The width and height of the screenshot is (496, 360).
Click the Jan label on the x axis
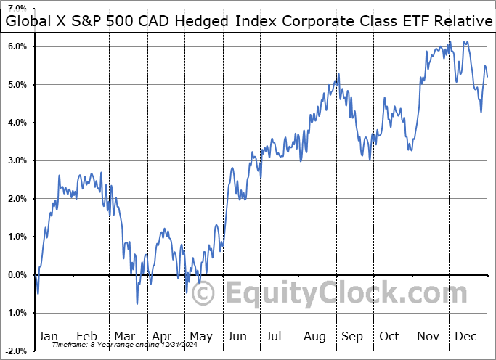point(48,336)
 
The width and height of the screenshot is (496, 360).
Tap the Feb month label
point(86,336)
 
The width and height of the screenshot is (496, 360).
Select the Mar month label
point(124,336)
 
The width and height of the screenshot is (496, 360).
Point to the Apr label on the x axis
point(162,336)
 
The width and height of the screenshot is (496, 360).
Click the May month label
point(200,336)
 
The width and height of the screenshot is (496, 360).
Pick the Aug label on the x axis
point(315,336)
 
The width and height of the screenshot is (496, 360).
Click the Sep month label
point(351,336)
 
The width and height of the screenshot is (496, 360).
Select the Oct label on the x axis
point(390,336)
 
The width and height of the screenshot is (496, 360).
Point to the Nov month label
point(428,336)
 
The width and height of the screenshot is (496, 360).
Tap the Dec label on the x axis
point(465,336)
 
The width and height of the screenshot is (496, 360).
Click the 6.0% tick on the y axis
point(17,46)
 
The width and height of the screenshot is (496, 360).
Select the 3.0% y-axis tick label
point(17,160)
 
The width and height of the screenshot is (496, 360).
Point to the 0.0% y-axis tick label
point(17,275)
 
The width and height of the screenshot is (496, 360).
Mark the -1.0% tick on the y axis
point(17,313)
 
